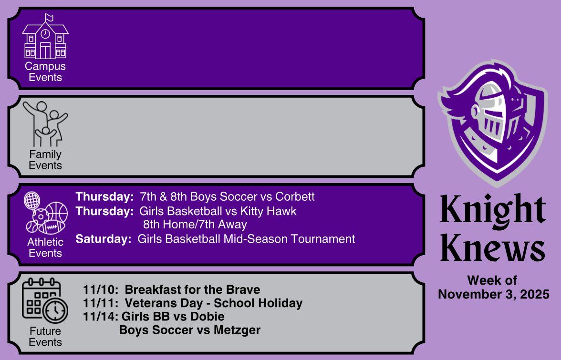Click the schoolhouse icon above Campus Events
pyautogui.click(x=45, y=38)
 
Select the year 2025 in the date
pyautogui.click(x=533, y=294)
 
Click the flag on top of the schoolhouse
pyautogui.click(x=49, y=17)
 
